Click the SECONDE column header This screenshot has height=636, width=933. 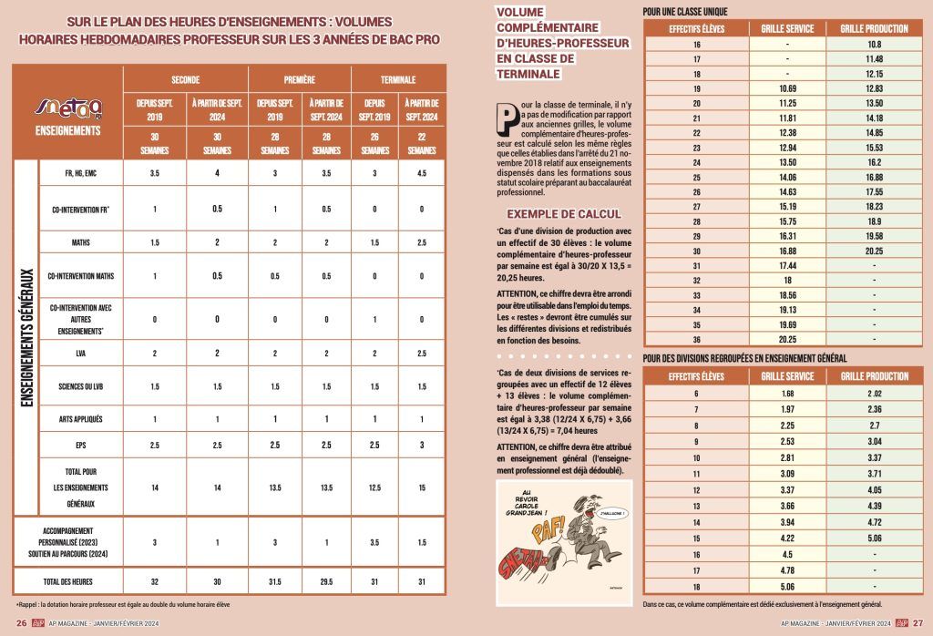pos(186,79)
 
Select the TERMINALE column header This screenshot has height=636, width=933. pos(393,79)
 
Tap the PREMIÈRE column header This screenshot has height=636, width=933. pos(288,79)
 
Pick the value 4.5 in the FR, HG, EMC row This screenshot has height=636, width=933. pos(421,173)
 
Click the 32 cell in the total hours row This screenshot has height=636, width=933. pos(155,580)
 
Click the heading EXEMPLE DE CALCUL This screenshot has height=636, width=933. pos(560,214)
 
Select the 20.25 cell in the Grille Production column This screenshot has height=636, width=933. pos(874,251)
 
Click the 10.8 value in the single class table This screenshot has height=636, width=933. pos(874,45)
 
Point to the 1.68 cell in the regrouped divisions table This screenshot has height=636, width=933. pos(786,394)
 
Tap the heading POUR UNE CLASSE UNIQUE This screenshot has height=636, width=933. pos(684,12)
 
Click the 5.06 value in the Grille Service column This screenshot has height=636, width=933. pos(786,587)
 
